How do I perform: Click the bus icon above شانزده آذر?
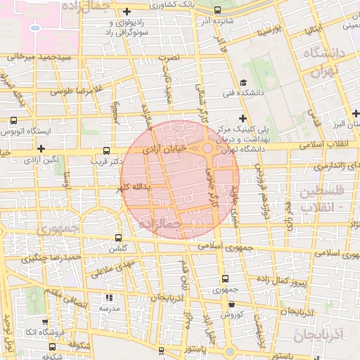tap(217, 11)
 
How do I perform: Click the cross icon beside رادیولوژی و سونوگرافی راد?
tap(126, 11)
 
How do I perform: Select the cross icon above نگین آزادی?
tap(42, 148)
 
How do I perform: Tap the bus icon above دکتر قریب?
tap(106, 150)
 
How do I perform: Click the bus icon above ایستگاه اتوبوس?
tap(13, 120)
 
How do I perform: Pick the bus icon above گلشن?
tap(117, 238)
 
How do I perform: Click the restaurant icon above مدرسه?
tap(108, 297)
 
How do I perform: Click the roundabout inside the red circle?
tap(208, 148)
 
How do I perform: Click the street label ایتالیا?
tap(313, 30)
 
